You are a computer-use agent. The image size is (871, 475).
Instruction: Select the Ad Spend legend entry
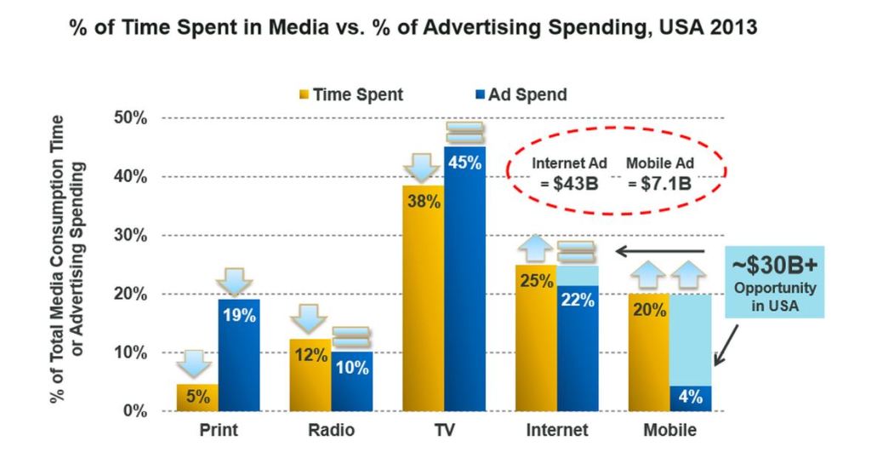coord(520,94)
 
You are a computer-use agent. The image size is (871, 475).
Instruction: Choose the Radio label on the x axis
coord(331,431)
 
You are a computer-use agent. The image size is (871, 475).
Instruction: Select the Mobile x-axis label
coord(669,431)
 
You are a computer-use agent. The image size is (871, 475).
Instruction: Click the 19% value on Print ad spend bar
coord(239,315)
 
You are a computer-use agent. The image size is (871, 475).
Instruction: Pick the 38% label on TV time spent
coord(423,202)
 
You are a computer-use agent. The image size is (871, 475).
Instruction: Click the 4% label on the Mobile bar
coord(690,397)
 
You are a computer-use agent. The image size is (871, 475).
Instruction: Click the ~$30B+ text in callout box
coord(775,264)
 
